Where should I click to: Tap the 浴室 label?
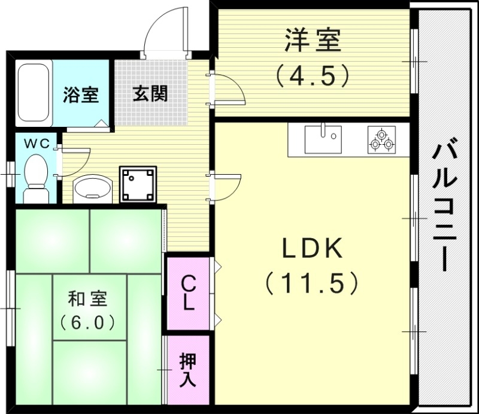tap(81, 95)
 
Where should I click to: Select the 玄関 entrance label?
tap(150, 94)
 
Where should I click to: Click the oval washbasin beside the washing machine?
tap(92, 187)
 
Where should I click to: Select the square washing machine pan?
tap(138, 184)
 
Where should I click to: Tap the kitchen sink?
tap(323, 140)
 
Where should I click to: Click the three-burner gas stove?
tap(381, 140)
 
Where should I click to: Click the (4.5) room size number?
tap(311, 76)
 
